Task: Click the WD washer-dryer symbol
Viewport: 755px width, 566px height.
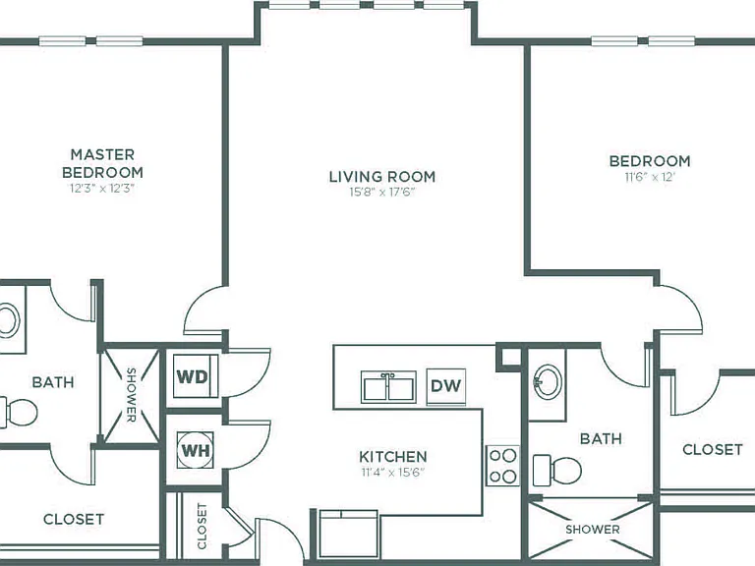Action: click(196, 376)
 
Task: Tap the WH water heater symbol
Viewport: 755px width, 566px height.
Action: click(195, 450)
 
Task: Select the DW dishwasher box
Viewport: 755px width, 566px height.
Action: click(446, 386)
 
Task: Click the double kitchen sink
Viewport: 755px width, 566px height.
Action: click(388, 386)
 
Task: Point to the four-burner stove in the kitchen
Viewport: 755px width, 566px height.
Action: click(502, 466)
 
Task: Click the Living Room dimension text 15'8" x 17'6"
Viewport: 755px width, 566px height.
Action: click(382, 193)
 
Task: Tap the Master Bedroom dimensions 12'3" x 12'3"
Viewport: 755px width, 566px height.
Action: click(102, 189)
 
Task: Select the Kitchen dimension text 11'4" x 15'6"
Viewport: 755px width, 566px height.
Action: click(393, 473)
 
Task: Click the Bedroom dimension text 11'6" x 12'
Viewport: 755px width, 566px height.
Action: click(650, 177)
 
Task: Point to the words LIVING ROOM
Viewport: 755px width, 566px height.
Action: click(382, 177)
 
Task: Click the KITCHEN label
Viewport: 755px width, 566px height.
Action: click(393, 456)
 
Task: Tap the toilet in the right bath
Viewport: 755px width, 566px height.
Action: click(557, 471)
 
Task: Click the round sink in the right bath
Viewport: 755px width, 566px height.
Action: click(548, 382)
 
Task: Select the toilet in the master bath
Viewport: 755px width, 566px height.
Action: click(19, 413)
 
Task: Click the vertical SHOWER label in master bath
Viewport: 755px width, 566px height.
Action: click(131, 395)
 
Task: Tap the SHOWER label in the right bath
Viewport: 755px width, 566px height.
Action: click(592, 530)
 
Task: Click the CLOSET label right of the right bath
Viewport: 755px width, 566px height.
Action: click(713, 449)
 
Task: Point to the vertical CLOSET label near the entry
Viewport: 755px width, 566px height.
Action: click(203, 526)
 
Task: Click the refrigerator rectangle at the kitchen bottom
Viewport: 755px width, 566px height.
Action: click(349, 536)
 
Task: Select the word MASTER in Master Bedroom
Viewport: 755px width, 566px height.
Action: click(102, 154)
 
